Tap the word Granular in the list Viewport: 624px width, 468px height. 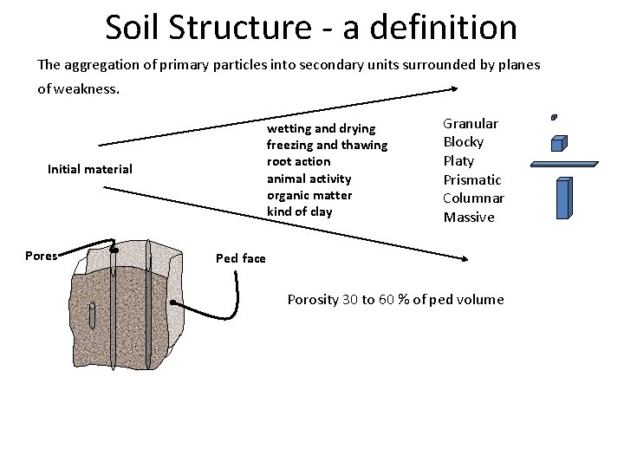[x=471, y=124]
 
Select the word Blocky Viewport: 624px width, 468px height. [x=464, y=142]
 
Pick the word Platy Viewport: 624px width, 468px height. [x=458, y=161]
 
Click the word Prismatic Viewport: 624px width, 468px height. [x=472, y=179]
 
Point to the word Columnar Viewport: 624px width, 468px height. [x=473, y=198]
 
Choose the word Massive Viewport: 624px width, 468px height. [x=469, y=218]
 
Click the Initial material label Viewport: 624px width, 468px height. [x=90, y=169]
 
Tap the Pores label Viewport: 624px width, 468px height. [x=41, y=256]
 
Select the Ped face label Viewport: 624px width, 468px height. [x=241, y=258]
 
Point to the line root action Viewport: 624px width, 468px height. [x=298, y=161]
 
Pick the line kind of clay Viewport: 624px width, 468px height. [x=300, y=211]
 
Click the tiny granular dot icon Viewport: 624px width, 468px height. [x=554, y=116]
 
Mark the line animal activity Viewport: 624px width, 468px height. [x=309, y=179]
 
